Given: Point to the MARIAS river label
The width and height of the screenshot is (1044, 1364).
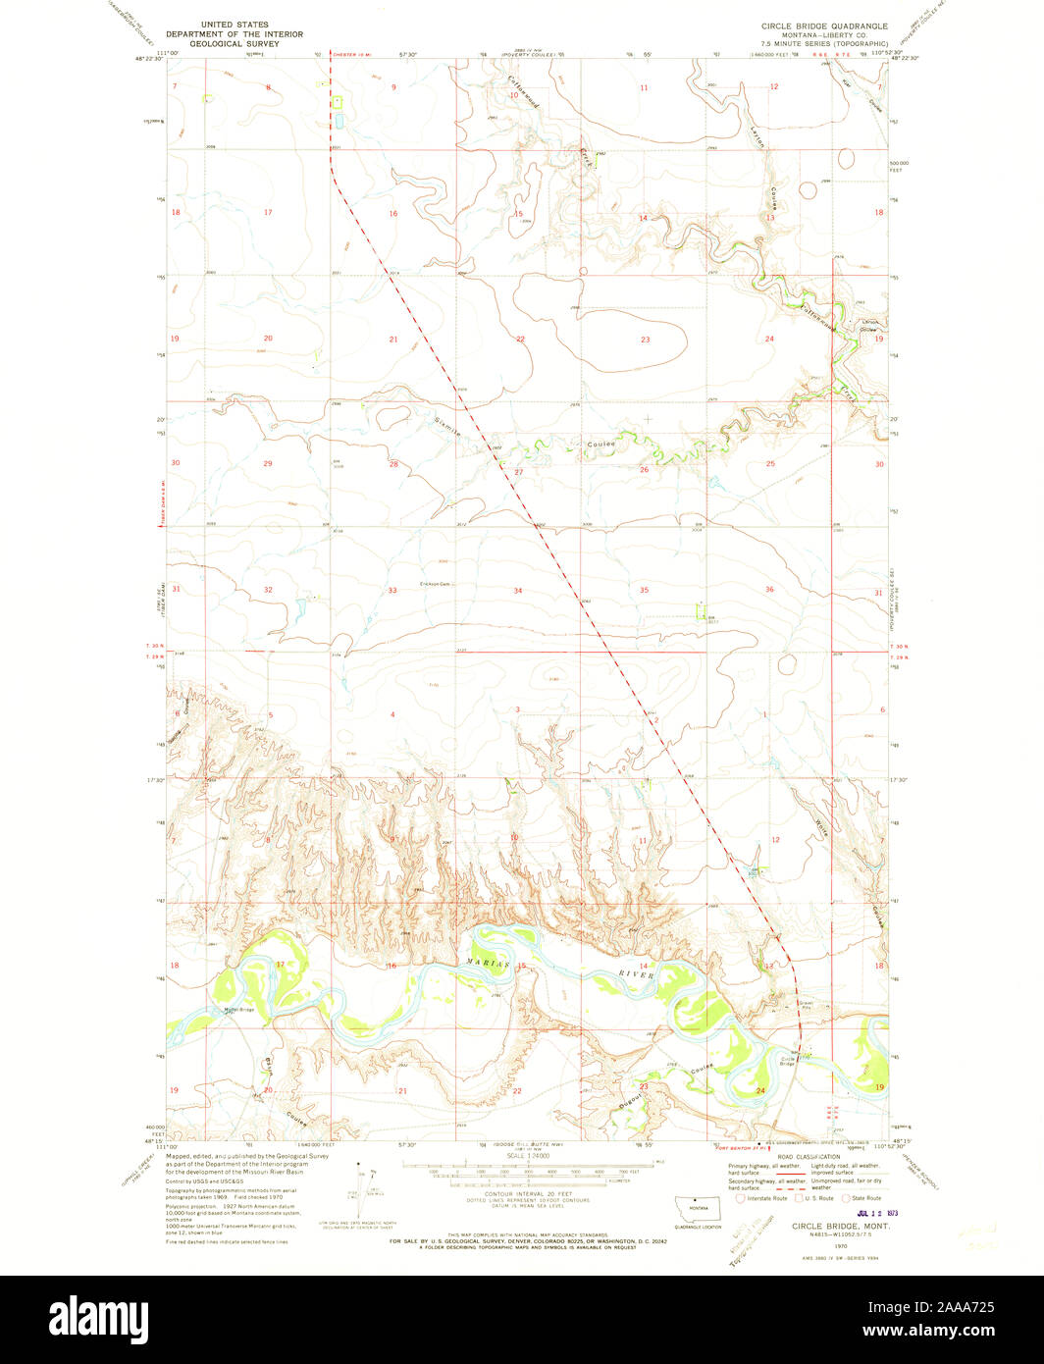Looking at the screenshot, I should [488, 965].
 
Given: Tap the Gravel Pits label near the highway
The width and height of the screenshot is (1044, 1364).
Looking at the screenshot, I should [806, 1005].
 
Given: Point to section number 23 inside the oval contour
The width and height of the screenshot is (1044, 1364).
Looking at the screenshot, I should [645, 340].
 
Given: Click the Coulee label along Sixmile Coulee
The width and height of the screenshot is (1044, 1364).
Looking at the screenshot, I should [601, 445].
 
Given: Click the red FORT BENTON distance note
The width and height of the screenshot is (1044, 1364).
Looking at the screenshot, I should [740, 1146].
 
